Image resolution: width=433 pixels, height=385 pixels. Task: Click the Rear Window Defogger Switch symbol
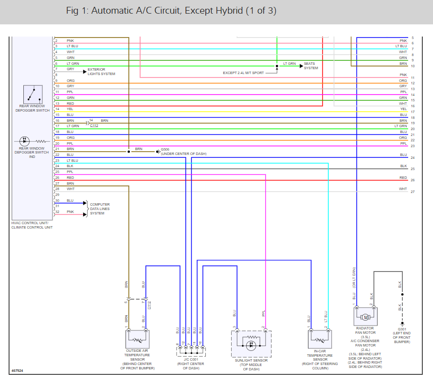33,95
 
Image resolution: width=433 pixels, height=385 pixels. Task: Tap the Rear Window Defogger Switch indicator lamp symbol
25,141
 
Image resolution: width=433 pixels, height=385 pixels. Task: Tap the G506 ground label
166,151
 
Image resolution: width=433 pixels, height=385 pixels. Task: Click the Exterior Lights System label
101,72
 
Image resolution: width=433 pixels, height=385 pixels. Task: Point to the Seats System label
311,66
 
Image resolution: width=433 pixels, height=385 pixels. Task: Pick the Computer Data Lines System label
100,209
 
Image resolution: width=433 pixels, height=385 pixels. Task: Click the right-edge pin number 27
412,192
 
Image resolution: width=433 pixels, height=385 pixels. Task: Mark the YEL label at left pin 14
70,109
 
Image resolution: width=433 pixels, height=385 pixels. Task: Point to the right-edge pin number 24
412,158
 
